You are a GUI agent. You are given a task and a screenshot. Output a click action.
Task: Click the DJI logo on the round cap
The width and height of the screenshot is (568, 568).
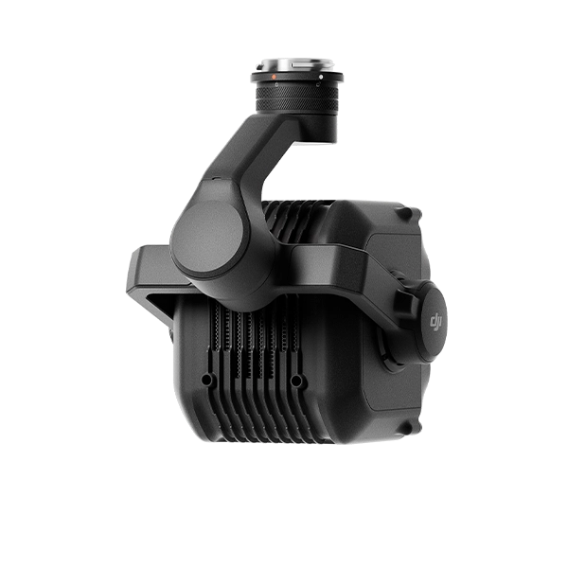point(435,321)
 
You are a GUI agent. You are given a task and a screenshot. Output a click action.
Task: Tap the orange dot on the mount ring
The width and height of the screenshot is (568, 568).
point(274,77)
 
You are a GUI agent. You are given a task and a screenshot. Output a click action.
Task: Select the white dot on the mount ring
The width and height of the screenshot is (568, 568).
point(321,77)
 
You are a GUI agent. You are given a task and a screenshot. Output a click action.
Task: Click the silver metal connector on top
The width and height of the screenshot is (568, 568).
point(297,65)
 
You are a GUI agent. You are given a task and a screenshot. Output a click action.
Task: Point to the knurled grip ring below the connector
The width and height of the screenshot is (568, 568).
point(297,98)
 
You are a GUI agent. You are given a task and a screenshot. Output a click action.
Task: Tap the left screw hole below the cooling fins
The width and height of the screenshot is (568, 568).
point(207,380)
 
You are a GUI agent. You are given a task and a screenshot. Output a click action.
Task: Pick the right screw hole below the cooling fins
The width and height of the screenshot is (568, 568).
point(296,381)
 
